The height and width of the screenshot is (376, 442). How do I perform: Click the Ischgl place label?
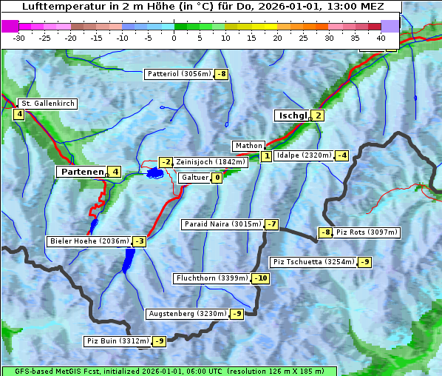[292, 115]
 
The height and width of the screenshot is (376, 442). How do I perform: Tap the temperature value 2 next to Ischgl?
[318, 115]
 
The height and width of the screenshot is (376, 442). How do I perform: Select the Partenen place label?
[81, 172]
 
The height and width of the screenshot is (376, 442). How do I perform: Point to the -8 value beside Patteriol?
[222, 74]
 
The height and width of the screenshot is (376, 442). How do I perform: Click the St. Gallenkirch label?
[48, 104]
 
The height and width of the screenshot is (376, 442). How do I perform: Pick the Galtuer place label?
[194, 178]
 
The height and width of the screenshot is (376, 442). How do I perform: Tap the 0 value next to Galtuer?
[217, 178]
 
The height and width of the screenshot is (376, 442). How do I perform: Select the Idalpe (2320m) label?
[303, 155]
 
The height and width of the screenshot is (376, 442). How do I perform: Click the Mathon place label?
[248, 146]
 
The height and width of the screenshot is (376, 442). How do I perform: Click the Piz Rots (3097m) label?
[367, 232]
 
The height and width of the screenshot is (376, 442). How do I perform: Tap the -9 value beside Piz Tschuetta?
[365, 262]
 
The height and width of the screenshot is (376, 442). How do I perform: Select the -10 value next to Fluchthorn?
[261, 278]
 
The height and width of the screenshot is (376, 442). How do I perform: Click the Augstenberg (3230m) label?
[187, 314]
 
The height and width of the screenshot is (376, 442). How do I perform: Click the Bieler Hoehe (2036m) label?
[89, 241]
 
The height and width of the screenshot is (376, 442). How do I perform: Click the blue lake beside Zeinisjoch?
[154, 173]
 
